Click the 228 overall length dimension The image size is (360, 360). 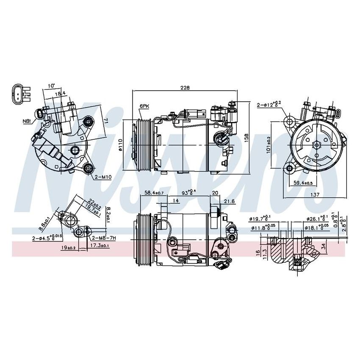[x=185, y=88]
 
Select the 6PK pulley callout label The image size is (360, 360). [x=144, y=106]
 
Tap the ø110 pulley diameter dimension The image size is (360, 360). [x=121, y=145]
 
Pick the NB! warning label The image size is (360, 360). [x=27, y=122]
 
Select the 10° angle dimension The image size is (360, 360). [x=51, y=86]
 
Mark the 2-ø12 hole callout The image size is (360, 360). [x=269, y=104]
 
